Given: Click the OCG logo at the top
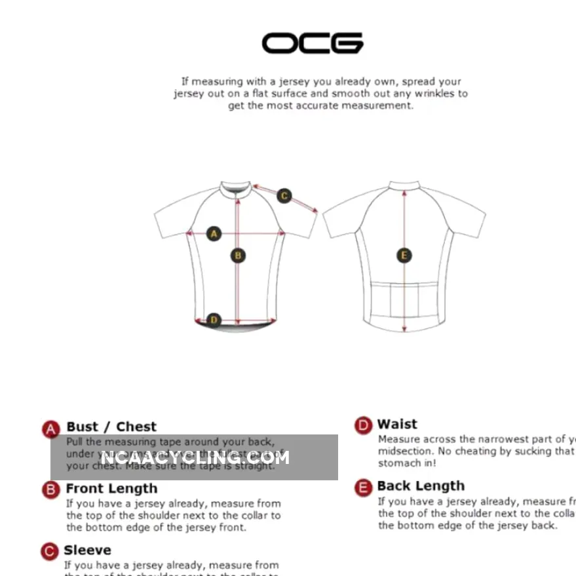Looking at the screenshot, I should [312, 43].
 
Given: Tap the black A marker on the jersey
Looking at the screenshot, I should [214, 233].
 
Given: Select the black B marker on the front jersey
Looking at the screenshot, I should [239, 256].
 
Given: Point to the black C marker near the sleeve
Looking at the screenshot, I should [284, 195].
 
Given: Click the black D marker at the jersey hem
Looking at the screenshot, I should [214, 320].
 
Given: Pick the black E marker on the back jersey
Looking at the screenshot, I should [404, 256].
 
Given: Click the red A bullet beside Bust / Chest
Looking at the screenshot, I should [51, 429].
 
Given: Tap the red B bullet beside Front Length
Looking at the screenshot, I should [51, 490].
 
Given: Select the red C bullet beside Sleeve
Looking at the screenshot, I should [50, 552].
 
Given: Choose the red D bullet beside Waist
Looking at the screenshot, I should [364, 426].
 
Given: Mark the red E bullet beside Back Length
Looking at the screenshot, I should [364, 488].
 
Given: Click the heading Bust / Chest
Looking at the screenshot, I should [111, 427].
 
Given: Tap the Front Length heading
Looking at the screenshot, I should [111, 489].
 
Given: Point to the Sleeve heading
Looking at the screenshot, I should [87, 550].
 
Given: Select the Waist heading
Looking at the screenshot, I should [397, 425].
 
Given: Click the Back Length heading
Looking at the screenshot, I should [421, 486].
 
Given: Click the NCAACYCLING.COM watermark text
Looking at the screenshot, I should [195, 457].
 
